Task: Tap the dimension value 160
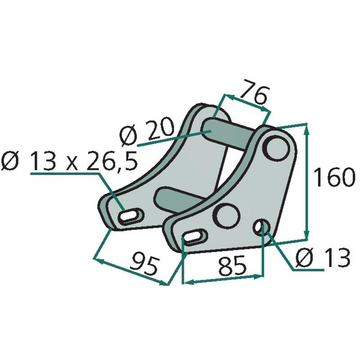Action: (x=333, y=177)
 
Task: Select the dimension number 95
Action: (x=144, y=265)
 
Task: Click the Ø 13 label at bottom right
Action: (x=323, y=258)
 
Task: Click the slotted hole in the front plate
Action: (x=194, y=236)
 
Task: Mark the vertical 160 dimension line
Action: (x=307, y=180)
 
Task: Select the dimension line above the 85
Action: (x=223, y=279)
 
